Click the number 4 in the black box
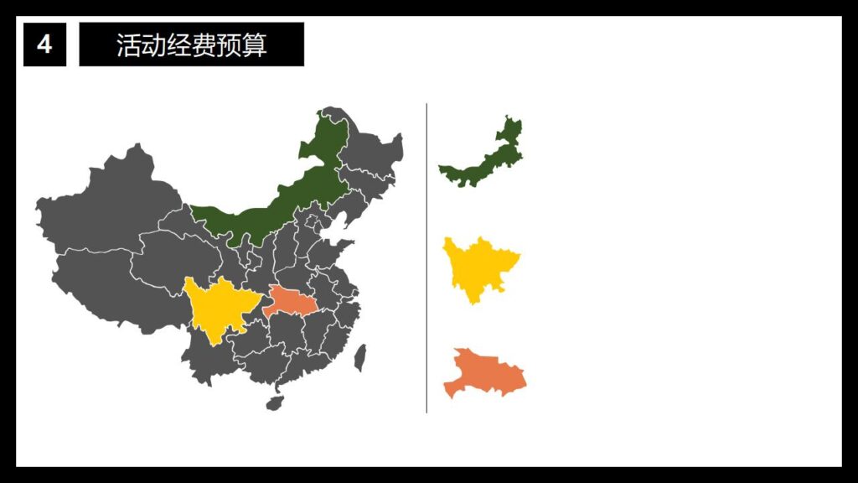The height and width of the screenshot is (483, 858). coord(44,44)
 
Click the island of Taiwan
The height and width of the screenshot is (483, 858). coord(360,358)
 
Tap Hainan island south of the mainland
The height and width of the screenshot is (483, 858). coord(275,403)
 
